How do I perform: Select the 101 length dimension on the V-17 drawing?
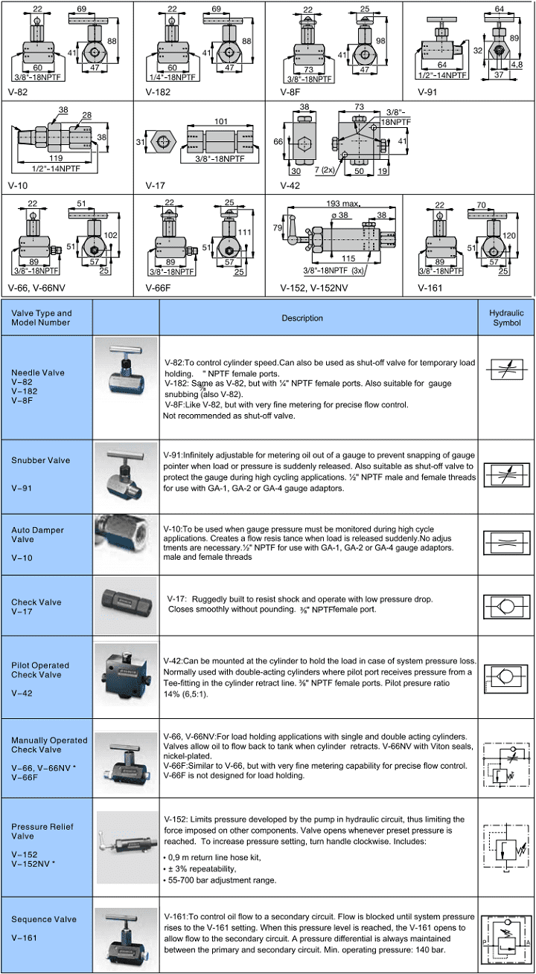coord(221,121)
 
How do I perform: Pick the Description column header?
coord(302,318)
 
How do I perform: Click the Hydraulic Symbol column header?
coord(506,318)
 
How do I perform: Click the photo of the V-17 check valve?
coord(127,604)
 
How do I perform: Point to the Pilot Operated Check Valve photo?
coord(127,676)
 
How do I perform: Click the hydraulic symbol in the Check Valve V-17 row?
coord(505,604)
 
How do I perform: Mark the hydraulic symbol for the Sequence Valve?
coord(505,934)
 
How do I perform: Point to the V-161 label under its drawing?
coord(430,287)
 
